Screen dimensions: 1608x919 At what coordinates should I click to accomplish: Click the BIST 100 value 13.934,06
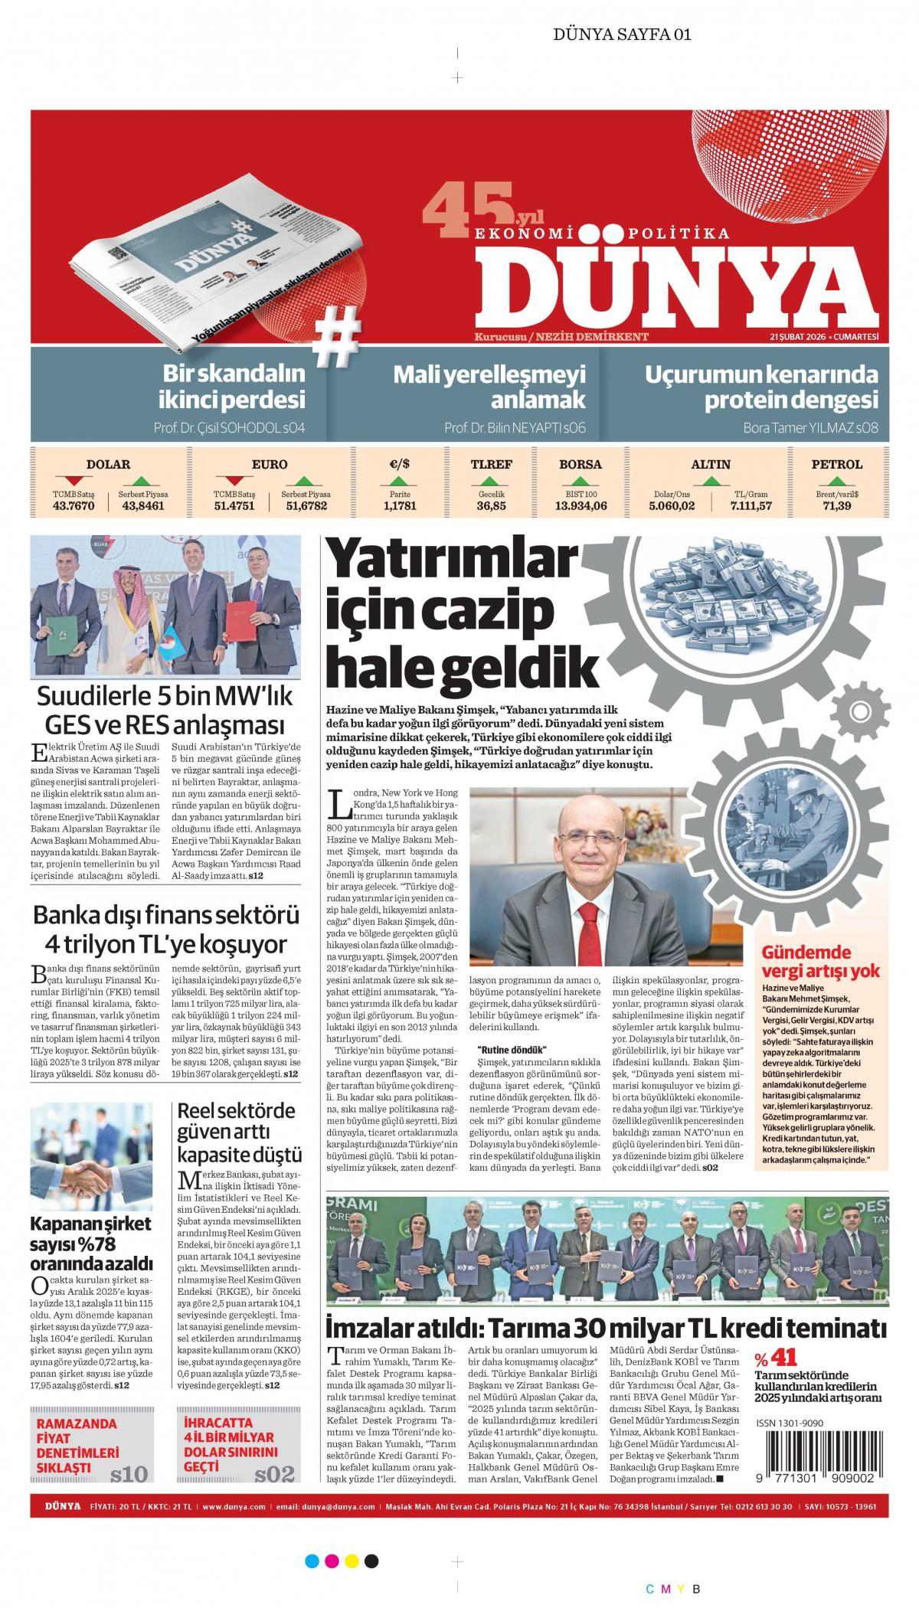tap(581, 505)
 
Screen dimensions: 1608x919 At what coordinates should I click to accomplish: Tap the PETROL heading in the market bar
tap(836, 464)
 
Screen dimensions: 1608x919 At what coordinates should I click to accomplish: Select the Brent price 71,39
tap(837, 505)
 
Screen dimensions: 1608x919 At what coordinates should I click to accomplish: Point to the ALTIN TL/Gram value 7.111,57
tap(750, 505)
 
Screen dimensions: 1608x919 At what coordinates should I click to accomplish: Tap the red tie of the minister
tap(587, 928)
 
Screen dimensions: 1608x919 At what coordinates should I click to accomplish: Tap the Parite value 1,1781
tap(399, 505)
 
